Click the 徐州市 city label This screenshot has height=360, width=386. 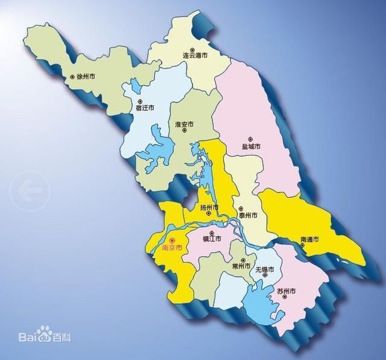coord(83,77)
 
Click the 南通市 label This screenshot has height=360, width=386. coord(309,241)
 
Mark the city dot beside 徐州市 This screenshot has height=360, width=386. coord(72,77)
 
